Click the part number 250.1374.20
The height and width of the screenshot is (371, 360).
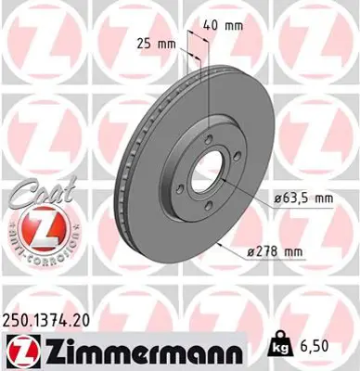[54, 318]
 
